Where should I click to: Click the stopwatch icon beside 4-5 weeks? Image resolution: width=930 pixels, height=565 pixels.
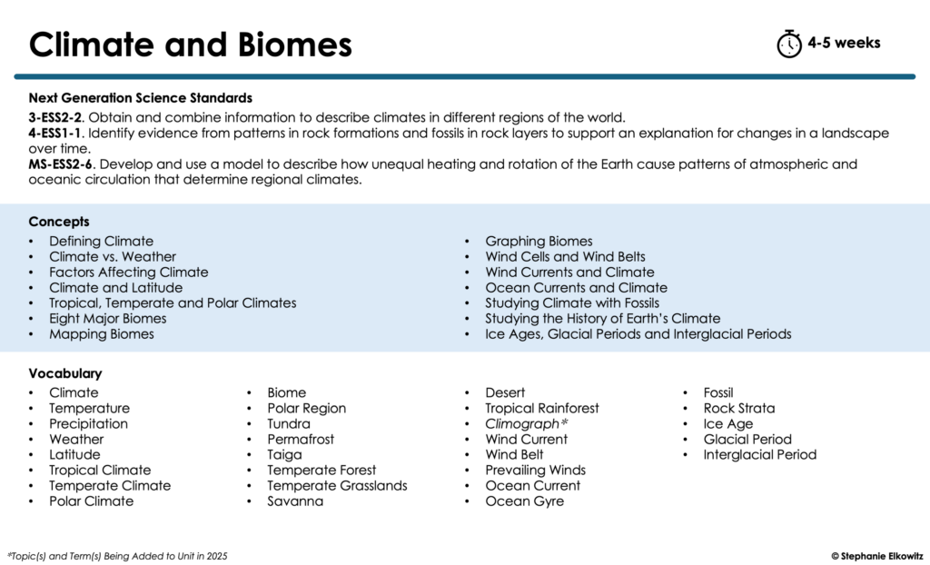click(x=789, y=44)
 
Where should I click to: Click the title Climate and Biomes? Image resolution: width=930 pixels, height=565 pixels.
click(x=190, y=44)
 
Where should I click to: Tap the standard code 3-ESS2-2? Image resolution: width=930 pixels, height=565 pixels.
click(x=55, y=117)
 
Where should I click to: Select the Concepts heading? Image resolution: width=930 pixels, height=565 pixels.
click(x=59, y=222)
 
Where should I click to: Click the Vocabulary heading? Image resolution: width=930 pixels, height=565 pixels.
click(x=65, y=373)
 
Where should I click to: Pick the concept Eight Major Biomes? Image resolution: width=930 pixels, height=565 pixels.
click(x=108, y=319)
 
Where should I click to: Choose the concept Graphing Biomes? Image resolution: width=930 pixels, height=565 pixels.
click(x=539, y=242)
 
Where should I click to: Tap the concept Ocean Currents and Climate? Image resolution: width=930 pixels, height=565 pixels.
click(x=576, y=288)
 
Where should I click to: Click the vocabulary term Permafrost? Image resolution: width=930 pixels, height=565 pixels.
click(x=301, y=440)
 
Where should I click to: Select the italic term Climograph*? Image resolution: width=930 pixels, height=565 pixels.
click(x=527, y=424)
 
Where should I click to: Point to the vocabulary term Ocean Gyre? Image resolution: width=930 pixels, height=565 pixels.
click(x=524, y=501)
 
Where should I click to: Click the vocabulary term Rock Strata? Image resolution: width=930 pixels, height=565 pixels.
click(x=739, y=409)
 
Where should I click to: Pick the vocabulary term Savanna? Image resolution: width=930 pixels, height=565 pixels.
click(x=295, y=501)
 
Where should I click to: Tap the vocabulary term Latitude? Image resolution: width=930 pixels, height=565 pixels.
click(x=74, y=455)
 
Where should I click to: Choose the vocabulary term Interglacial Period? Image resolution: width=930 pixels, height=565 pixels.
click(x=760, y=455)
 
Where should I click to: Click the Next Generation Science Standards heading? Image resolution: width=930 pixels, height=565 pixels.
click(x=140, y=98)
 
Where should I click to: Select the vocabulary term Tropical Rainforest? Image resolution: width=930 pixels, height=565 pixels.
click(x=542, y=409)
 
